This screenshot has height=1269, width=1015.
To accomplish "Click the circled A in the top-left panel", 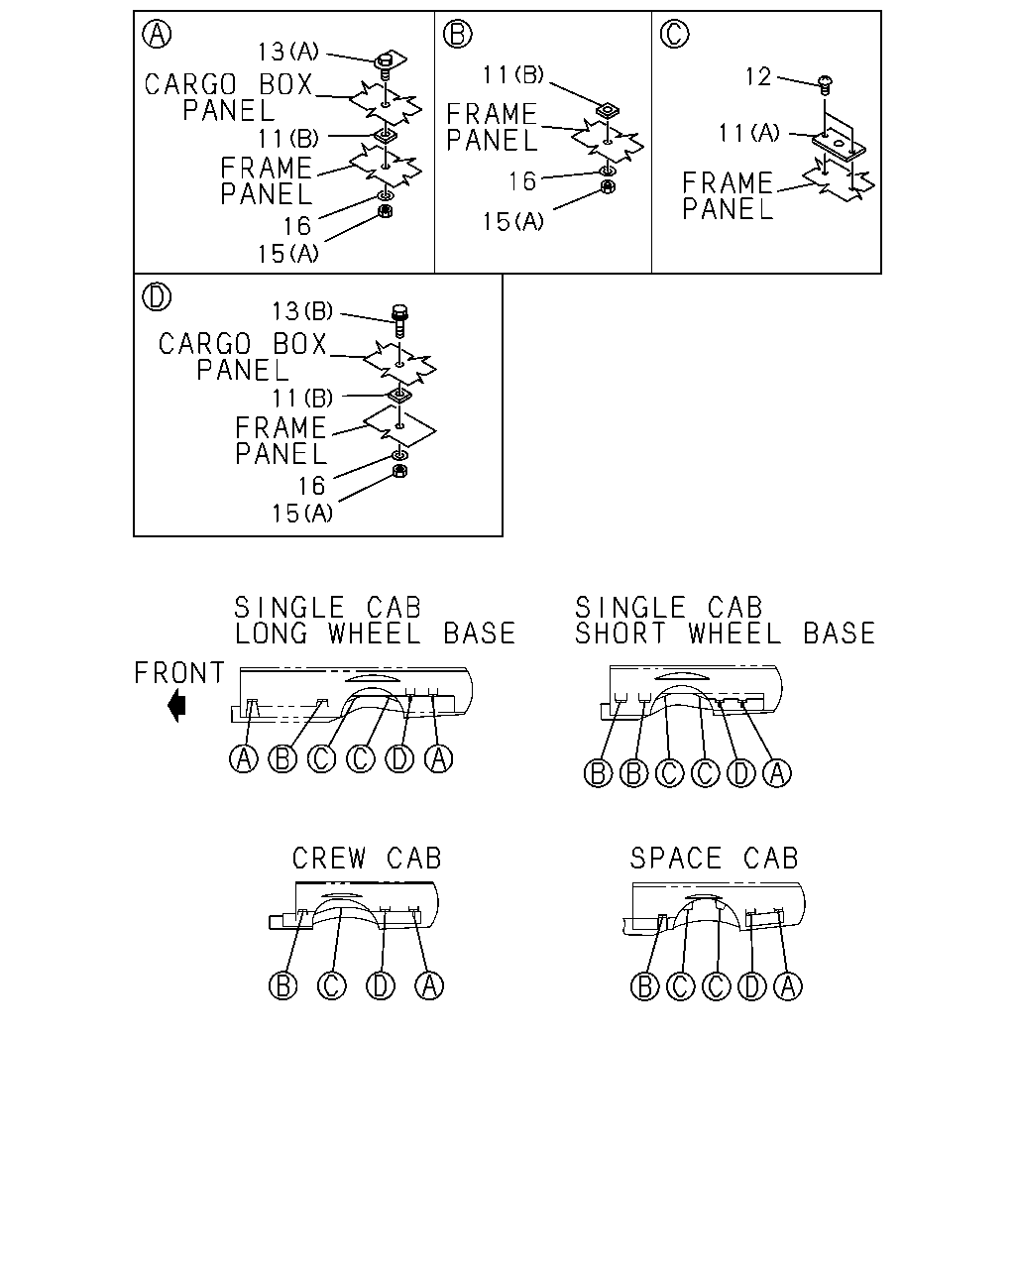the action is [x=157, y=34].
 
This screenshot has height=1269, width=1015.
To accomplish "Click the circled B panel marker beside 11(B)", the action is [x=458, y=34].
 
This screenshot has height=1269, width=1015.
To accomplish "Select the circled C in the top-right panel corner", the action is [x=675, y=34].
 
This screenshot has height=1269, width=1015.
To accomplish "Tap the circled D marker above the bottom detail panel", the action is [x=157, y=296].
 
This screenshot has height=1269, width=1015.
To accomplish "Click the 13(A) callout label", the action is [x=287, y=52].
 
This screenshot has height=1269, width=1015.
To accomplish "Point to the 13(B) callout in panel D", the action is [x=302, y=311].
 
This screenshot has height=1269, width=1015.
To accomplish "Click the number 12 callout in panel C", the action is [x=758, y=76].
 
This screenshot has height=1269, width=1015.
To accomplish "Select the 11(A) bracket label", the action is [x=748, y=133].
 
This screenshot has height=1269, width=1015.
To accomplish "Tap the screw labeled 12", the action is [x=825, y=84].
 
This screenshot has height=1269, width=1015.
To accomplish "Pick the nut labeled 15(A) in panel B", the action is [x=608, y=187].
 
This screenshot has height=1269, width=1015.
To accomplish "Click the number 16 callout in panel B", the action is [x=522, y=181].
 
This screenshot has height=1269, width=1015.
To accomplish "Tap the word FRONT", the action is [x=179, y=673].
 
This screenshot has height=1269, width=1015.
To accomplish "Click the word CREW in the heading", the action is [x=329, y=858].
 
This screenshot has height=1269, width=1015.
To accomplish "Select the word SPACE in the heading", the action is [x=675, y=858].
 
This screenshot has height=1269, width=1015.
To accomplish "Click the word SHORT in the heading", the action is [x=620, y=634].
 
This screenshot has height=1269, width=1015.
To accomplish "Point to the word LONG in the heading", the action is [x=272, y=634].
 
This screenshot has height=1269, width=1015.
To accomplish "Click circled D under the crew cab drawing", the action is [x=381, y=985].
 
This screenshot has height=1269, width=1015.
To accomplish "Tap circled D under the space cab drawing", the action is [x=752, y=985].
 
